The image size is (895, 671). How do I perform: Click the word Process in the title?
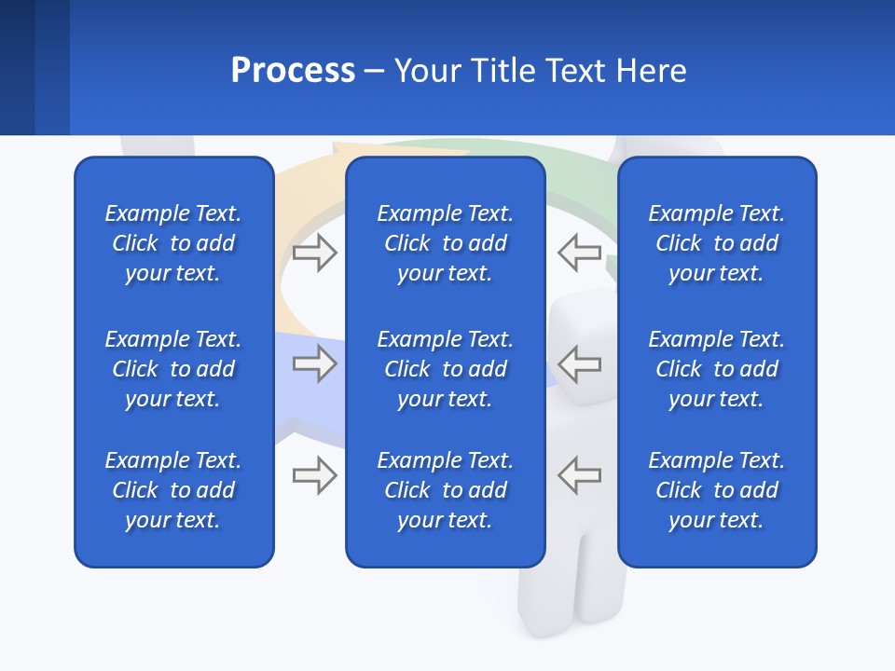pos(293,71)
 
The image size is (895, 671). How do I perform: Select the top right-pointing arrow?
pos(314,253)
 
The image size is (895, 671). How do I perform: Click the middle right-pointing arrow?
pos(314,363)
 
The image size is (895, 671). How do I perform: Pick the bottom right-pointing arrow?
pos(314,475)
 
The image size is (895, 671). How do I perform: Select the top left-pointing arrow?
pos(580,253)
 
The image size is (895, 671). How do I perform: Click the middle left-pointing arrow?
pos(580,363)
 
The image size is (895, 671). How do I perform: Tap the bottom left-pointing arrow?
pos(580,475)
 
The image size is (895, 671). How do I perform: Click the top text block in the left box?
pos(173,243)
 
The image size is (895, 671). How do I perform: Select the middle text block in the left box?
pos(173,369)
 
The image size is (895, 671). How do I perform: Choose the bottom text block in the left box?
pos(173,490)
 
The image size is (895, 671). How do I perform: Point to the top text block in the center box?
pos(445,243)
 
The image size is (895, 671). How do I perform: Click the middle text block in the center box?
pos(445,369)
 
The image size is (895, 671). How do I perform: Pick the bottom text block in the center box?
pos(445,490)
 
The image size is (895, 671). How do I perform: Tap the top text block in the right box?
pos(716,243)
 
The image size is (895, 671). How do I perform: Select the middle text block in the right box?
pos(716,369)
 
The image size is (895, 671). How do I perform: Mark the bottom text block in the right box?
pos(716,490)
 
